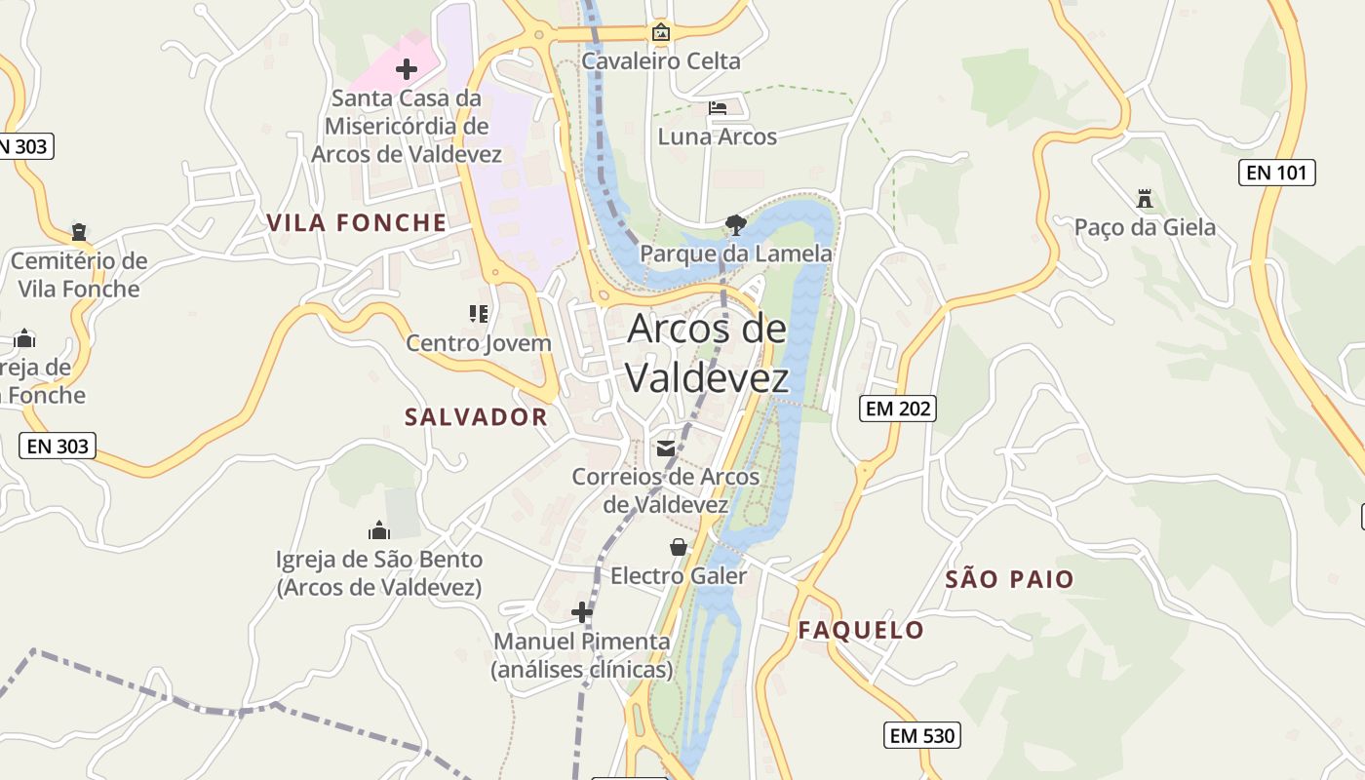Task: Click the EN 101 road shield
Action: point(1277,174)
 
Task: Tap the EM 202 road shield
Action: point(898,409)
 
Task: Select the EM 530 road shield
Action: point(922,735)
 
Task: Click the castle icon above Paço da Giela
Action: point(1145,199)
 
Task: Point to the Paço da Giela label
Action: point(1145,228)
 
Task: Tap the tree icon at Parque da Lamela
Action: point(736,225)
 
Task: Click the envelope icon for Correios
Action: point(666,448)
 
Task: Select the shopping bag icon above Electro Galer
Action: point(678,547)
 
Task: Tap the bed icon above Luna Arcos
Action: point(718,108)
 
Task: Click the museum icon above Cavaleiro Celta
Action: point(661,32)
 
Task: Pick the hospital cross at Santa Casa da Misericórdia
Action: point(407,69)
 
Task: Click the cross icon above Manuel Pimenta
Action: point(582,612)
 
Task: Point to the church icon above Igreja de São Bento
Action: point(379,530)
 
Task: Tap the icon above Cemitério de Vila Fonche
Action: point(78,232)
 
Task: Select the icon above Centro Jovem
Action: point(479,314)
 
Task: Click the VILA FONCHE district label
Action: point(357,223)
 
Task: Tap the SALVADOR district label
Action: point(476,417)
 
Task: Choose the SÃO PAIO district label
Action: point(1009,579)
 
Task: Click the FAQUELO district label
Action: point(861,630)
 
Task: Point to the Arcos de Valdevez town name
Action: point(707,353)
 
